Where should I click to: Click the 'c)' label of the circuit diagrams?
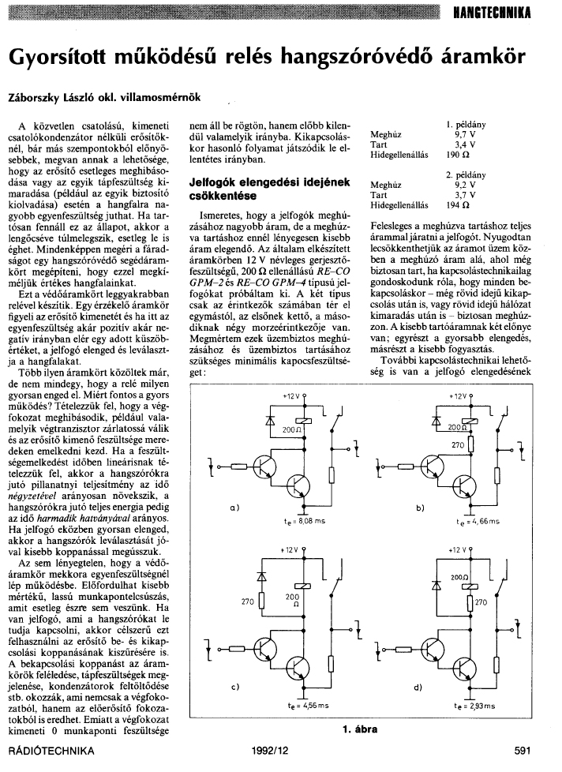[x=235, y=687]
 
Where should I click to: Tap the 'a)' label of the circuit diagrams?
[x=235, y=507]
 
